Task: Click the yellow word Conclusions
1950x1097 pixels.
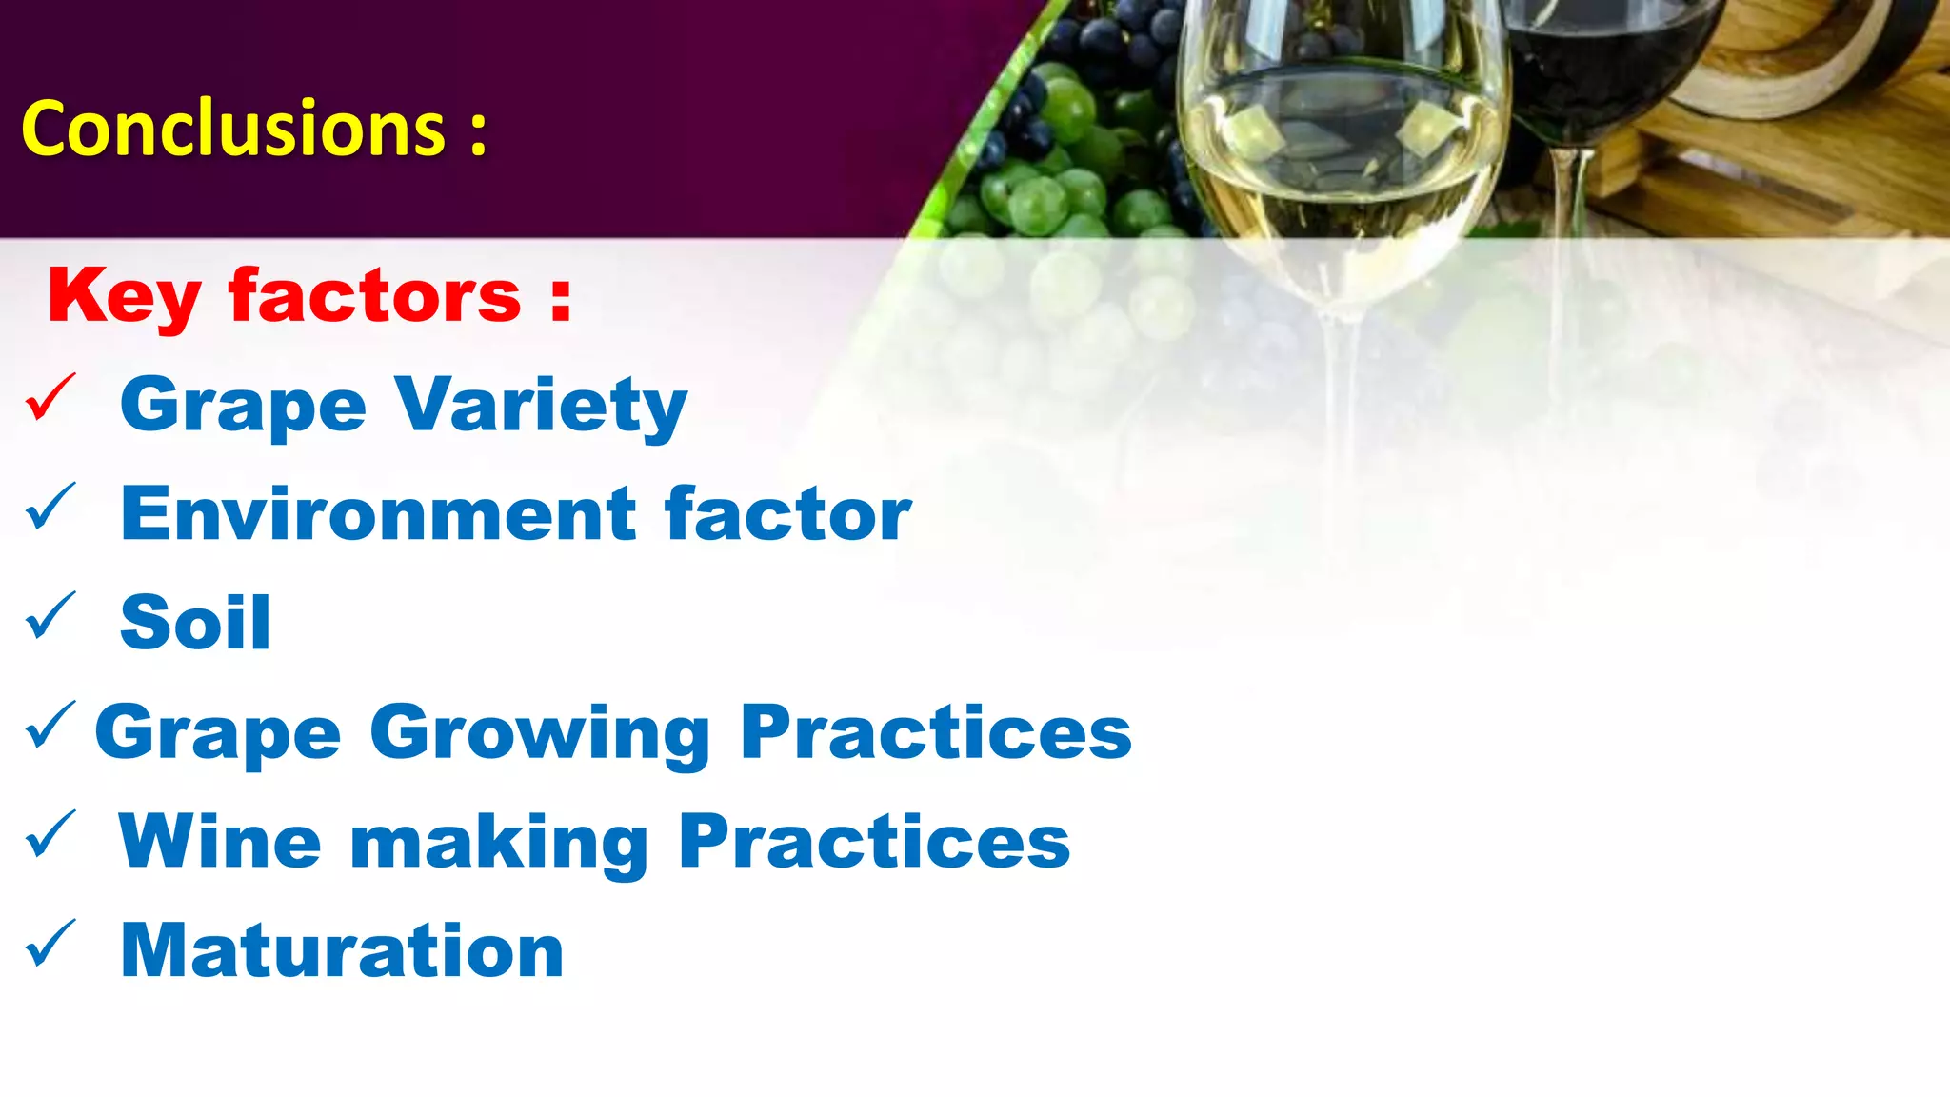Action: click(x=233, y=129)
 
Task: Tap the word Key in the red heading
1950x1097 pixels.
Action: click(x=124, y=298)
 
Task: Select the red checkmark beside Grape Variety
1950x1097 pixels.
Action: click(x=50, y=397)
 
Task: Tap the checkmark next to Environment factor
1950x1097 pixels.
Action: click(x=50, y=507)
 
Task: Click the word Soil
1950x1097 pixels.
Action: click(x=195, y=623)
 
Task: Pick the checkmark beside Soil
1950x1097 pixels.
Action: click(x=50, y=616)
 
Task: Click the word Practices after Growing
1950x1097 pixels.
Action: click(x=936, y=732)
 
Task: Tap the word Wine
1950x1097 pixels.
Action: click(x=220, y=842)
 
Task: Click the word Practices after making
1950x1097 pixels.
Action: click(x=874, y=842)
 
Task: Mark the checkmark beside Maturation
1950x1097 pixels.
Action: click(x=50, y=944)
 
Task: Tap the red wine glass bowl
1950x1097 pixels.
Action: click(x=1609, y=67)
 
